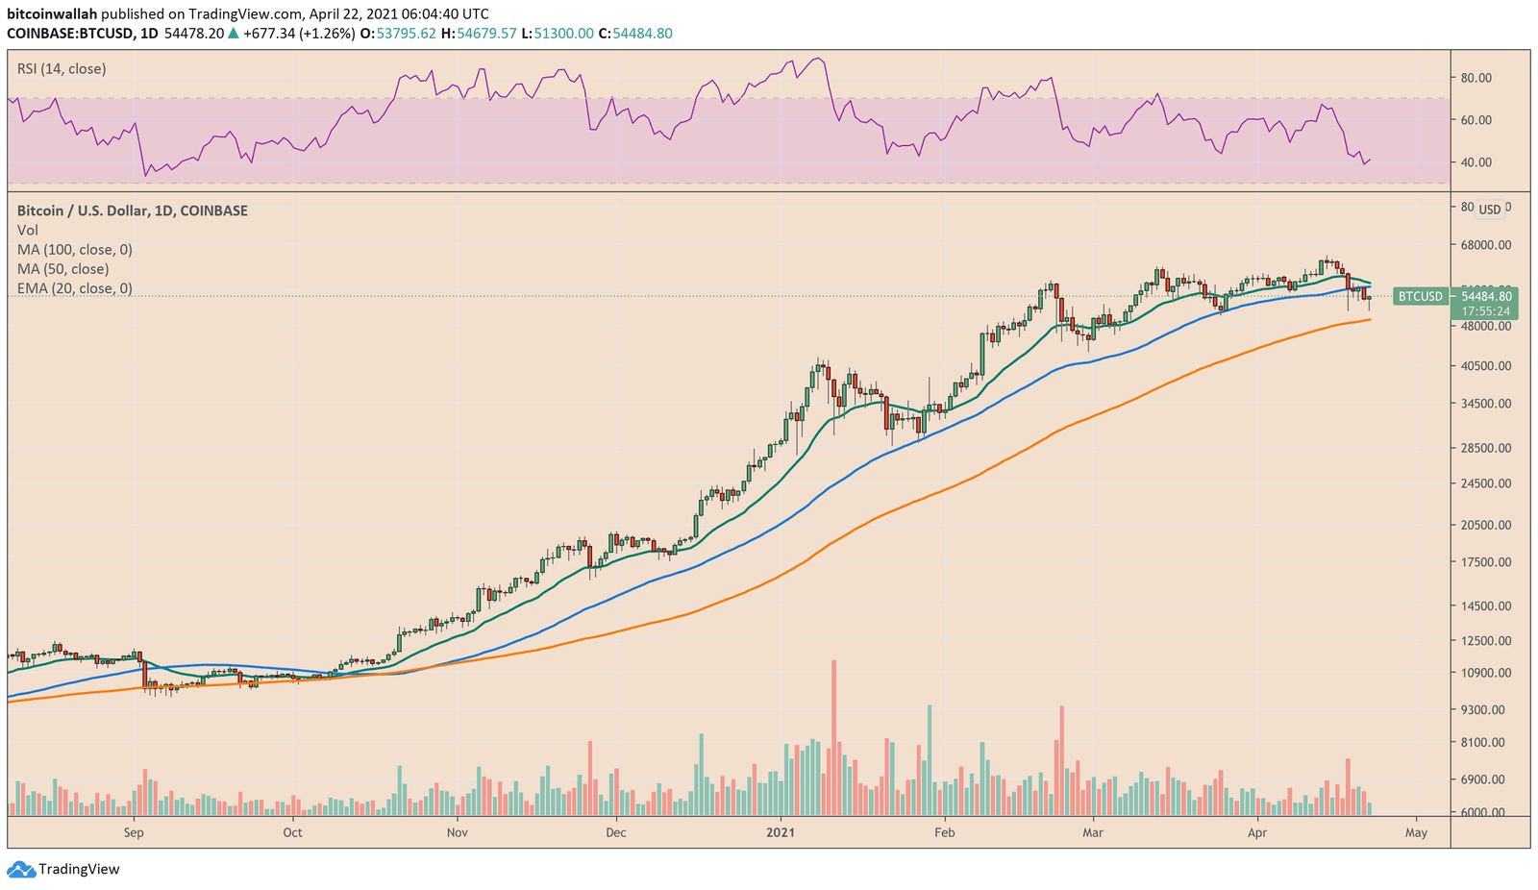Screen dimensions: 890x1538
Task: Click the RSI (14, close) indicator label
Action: coord(62,69)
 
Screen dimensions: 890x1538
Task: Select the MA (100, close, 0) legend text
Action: coord(74,250)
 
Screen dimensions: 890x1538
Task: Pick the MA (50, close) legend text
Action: coord(62,269)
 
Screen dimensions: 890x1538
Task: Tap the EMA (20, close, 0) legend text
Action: coord(74,288)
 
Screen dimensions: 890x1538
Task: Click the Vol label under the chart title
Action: coord(28,231)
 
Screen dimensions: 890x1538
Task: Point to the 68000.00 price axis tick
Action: coord(1485,245)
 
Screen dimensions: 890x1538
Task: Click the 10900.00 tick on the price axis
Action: coord(1485,673)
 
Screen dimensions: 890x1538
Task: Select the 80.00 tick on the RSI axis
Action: coord(1476,78)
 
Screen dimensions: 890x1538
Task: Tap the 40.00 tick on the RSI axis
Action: coord(1476,162)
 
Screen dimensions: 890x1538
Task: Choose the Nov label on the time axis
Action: coord(458,832)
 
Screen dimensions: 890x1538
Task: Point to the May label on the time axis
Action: coord(1416,832)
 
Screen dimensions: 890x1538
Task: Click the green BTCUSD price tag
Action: coord(1420,297)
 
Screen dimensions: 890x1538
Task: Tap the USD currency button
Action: coord(1489,210)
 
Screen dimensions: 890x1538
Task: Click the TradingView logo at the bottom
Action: coord(64,870)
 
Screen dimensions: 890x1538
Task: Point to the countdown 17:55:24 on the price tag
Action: coord(1485,311)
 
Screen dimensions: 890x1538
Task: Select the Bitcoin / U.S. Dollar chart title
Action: coord(132,210)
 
